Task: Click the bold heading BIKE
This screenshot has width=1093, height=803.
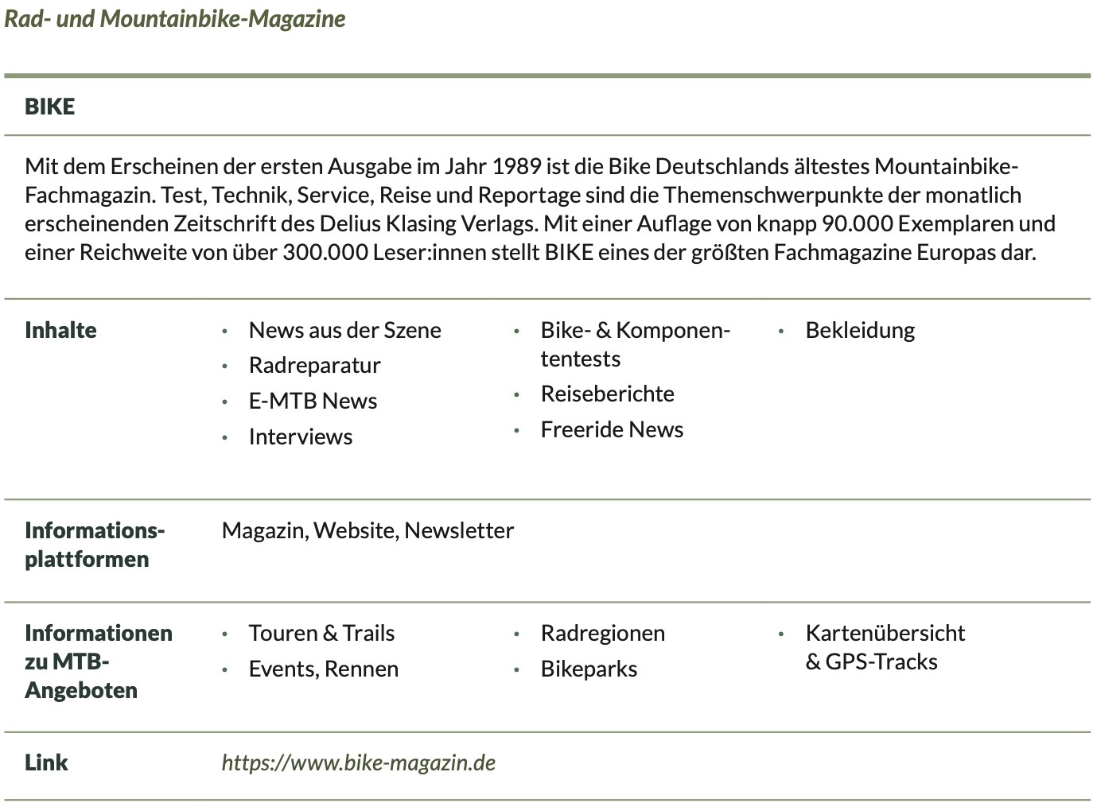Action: pos(49,107)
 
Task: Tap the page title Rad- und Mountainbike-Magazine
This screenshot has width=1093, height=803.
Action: pos(175,18)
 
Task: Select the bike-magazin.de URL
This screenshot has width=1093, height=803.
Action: pos(358,763)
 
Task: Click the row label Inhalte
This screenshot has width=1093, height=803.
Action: pos(60,331)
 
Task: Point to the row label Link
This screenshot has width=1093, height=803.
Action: pos(46,763)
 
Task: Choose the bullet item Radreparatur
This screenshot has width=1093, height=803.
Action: pos(314,366)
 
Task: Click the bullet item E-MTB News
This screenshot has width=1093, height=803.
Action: pos(313,401)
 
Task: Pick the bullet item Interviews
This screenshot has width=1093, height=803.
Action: pos(300,437)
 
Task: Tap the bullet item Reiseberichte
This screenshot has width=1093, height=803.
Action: pos(607,394)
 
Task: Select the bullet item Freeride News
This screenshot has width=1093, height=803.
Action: pos(612,430)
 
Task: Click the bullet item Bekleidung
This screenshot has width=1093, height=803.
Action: pos(860,331)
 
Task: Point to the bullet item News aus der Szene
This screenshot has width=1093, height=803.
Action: pos(344,331)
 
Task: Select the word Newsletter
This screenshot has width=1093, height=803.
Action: pos(459,531)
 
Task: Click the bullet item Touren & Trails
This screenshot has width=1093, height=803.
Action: pos(321,634)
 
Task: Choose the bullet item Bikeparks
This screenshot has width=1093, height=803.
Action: pos(589,669)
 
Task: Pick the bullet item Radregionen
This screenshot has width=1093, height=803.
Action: pos(602,634)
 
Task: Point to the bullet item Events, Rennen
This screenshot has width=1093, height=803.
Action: pos(323,669)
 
